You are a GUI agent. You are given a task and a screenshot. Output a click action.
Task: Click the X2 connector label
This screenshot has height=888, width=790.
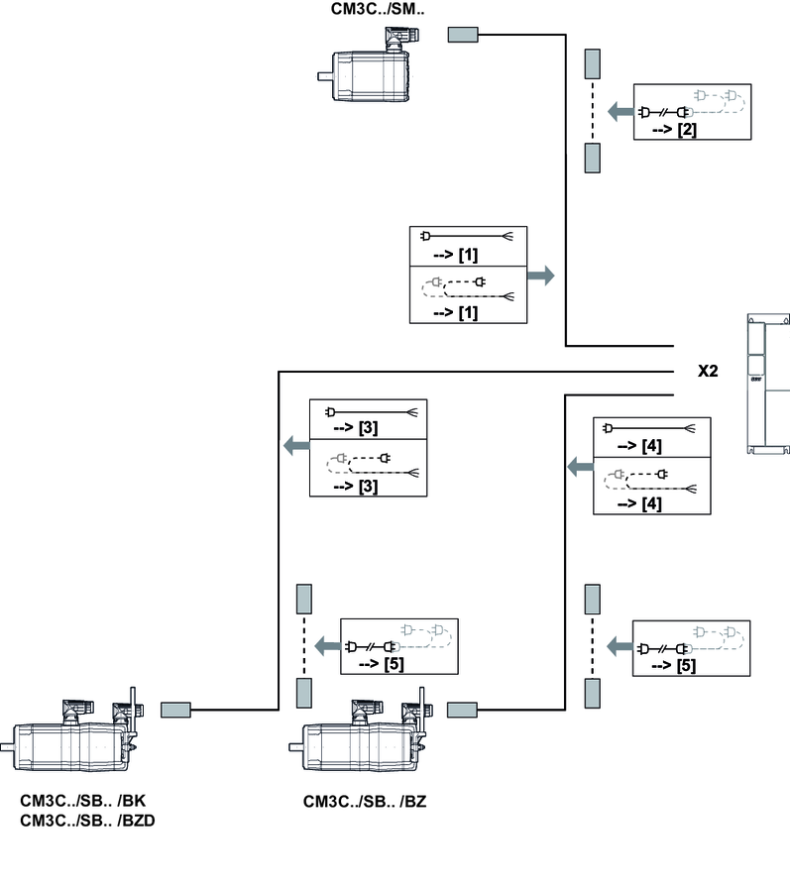pyautogui.click(x=708, y=371)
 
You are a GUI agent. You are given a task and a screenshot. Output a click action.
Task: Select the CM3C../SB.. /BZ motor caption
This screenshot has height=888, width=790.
pyautogui.click(x=365, y=801)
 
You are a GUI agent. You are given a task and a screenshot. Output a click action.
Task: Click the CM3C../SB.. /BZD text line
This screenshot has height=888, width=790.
pyautogui.click(x=87, y=821)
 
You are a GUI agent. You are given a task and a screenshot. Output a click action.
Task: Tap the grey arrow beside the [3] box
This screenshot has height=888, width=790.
pyautogui.click(x=295, y=446)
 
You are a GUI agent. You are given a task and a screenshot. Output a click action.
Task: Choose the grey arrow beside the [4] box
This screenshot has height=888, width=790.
pyautogui.click(x=578, y=465)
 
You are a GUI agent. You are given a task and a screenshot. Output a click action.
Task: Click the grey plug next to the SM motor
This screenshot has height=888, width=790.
pyautogui.click(x=464, y=36)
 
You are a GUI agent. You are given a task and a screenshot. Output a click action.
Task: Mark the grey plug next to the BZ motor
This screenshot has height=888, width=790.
pyautogui.click(x=463, y=710)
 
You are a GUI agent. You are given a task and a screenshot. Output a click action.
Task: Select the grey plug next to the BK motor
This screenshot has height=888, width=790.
pyautogui.click(x=175, y=710)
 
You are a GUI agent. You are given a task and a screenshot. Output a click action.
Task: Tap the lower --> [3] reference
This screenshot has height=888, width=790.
pyautogui.click(x=355, y=487)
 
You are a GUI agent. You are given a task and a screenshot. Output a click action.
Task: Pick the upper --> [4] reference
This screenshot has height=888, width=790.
pyautogui.click(x=639, y=447)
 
